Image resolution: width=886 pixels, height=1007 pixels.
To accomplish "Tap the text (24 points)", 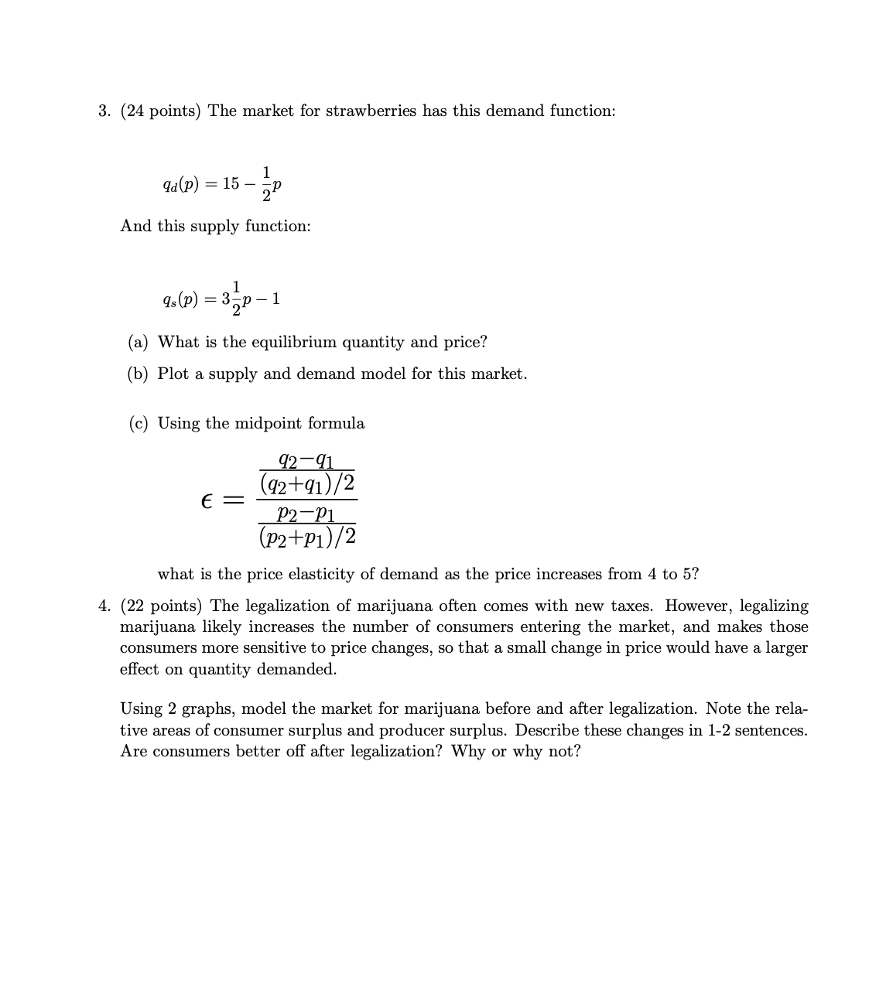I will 161,111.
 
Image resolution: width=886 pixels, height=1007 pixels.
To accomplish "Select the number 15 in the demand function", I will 231,183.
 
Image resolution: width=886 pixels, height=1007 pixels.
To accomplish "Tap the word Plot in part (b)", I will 173,374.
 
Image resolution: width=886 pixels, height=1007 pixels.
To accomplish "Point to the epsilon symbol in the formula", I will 205,501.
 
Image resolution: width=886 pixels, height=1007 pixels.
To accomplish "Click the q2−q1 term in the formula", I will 306,460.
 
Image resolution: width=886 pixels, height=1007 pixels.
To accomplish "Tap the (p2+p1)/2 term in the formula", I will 307,537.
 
